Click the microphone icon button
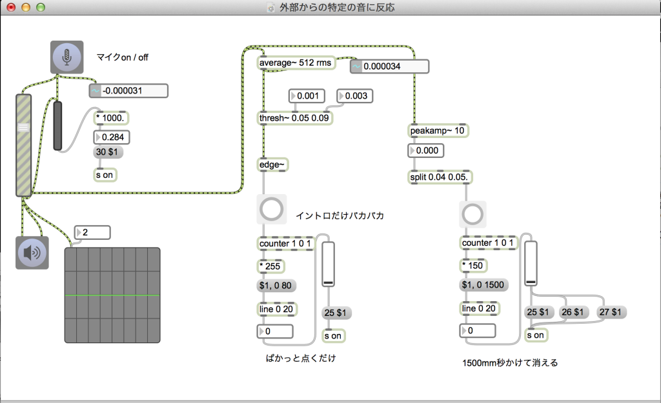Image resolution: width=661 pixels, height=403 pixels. click(x=67, y=57)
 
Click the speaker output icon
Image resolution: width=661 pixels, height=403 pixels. click(x=32, y=253)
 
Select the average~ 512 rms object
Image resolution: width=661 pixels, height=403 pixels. click(x=296, y=63)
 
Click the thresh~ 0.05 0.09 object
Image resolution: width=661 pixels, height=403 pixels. click(x=295, y=119)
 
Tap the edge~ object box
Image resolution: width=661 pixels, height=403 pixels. click(x=272, y=165)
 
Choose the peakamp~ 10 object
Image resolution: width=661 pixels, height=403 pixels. click(x=438, y=131)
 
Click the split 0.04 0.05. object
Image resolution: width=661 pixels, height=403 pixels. click(x=440, y=177)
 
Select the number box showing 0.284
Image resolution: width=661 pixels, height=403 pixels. click(x=112, y=137)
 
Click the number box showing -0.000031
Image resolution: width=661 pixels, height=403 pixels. click(x=128, y=91)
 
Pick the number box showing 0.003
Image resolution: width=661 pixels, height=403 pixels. click(x=354, y=96)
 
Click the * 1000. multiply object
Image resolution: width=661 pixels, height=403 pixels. click(x=111, y=118)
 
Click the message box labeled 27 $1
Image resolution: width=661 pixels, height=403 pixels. click(x=613, y=312)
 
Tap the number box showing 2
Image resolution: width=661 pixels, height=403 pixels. click(x=92, y=232)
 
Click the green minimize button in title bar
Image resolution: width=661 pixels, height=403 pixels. click(x=41, y=8)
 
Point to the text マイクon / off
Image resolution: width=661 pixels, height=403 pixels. click(x=123, y=57)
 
